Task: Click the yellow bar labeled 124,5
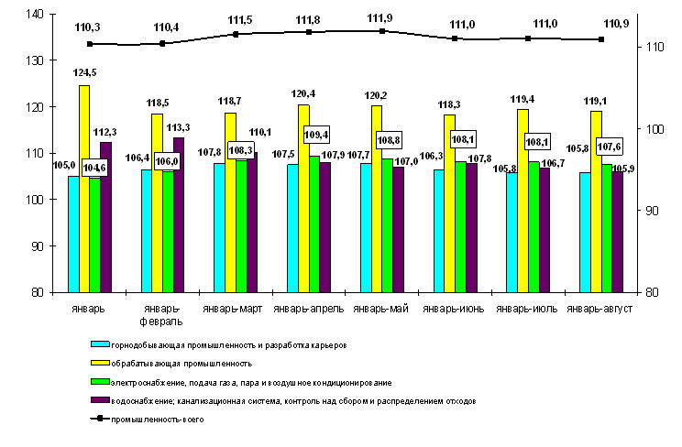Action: [x=84, y=189]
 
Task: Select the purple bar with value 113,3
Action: [x=179, y=215]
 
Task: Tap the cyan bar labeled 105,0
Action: [x=73, y=234]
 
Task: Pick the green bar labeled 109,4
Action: [x=314, y=224]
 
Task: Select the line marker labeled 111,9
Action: [x=382, y=31]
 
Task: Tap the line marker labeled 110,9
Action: [x=601, y=39]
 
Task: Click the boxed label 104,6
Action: [x=94, y=168]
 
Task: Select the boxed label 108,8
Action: [x=389, y=142]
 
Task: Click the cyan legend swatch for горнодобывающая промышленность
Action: [x=98, y=345]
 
